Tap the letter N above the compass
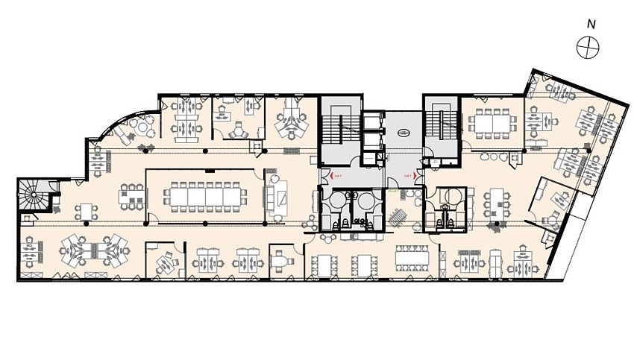tap(591, 24)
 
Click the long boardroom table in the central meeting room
tap(204, 196)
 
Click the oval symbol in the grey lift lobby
tap(403, 133)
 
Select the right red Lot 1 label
tap(408, 176)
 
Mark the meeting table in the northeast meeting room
tap(489, 121)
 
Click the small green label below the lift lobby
tap(392, 191)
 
